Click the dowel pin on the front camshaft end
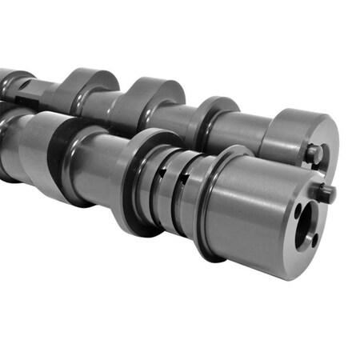click(x=326, y=191)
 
